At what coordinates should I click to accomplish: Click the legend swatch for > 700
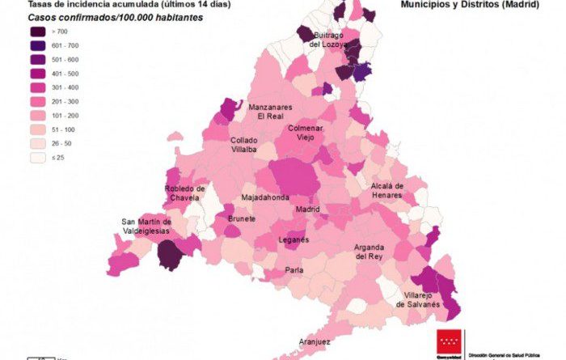click(37, 31)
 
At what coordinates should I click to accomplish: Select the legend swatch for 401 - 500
click(37, 73)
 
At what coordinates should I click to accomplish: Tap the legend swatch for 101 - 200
click(37, 116)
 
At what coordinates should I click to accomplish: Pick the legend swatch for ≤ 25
click(37, 159)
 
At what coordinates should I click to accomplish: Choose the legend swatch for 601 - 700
click(37, 45)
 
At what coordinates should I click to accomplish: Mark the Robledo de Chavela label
click(185, 193)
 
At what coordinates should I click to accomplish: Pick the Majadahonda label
click(264, 197)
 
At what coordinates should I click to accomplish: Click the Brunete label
click(242, 218)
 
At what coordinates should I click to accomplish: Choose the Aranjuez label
click(315, 342)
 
